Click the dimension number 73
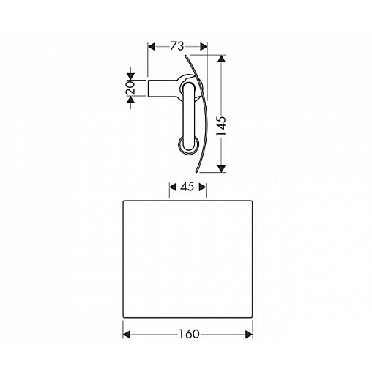177,46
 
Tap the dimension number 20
131,88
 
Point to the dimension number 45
187,187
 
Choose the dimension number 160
189,334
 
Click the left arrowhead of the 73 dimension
152,46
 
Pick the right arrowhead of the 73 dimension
204,46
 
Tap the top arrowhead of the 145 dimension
221,59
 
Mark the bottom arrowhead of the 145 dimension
221,168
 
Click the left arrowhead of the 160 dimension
127,335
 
